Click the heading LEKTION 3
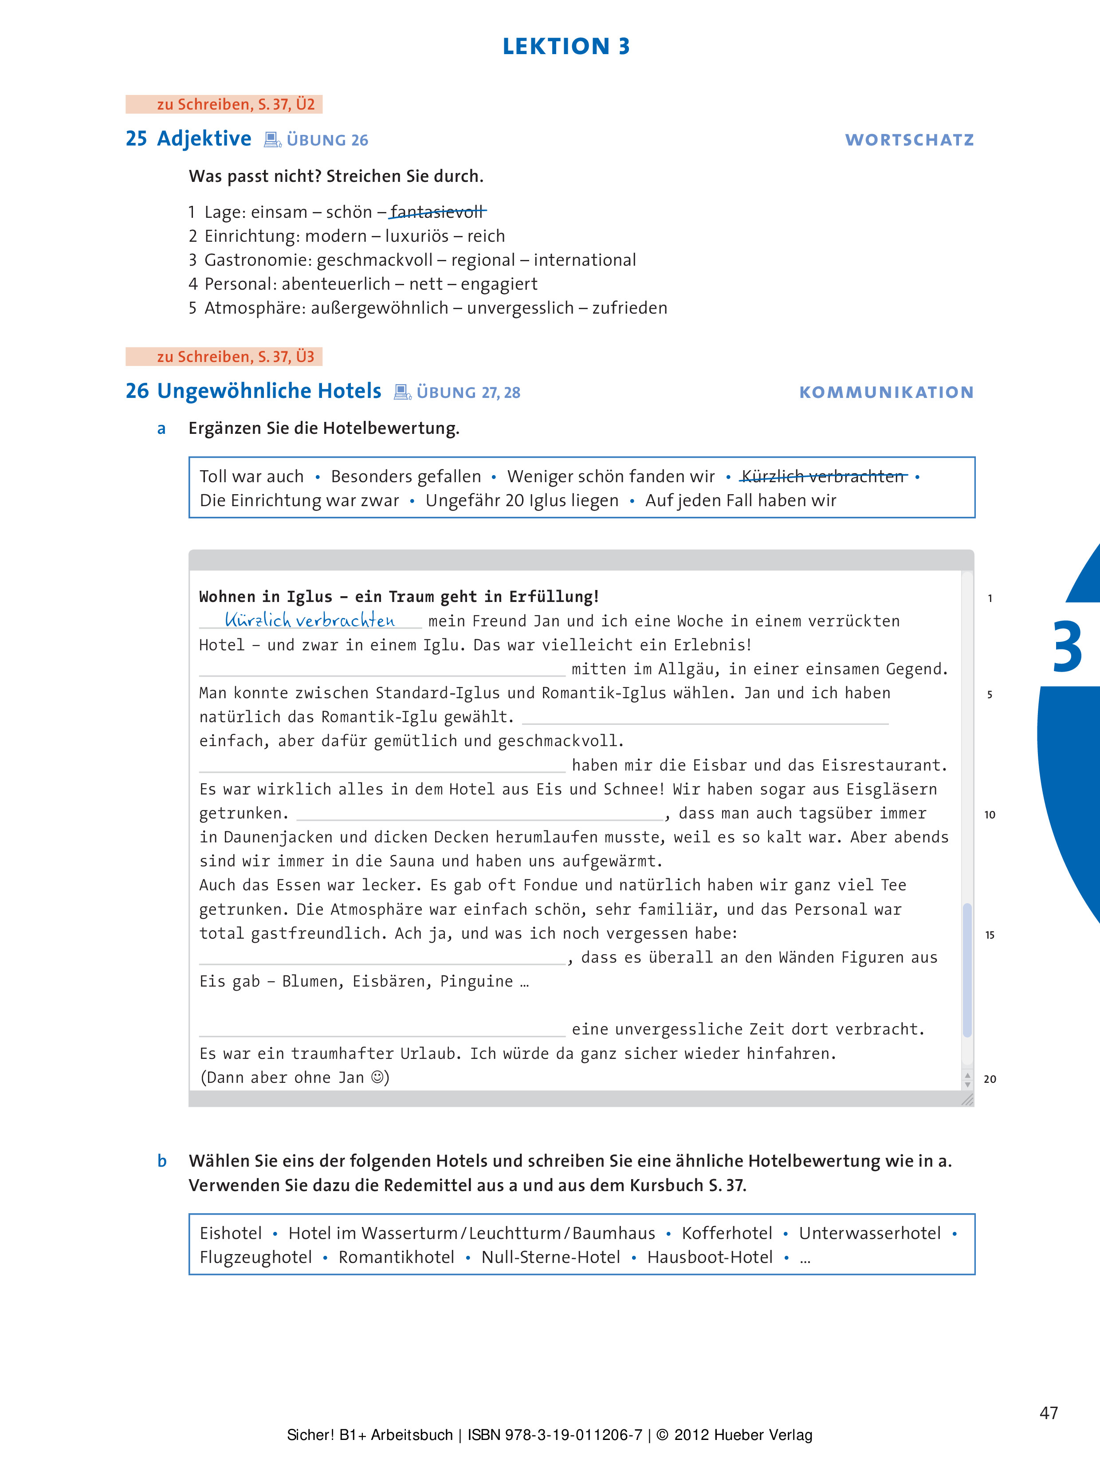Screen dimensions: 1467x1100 point(566,47)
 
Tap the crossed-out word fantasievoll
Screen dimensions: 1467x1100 point(437,212)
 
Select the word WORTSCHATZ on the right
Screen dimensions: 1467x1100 point(909,140)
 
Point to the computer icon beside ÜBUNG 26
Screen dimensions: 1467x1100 point(272,140)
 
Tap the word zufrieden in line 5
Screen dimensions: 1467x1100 point(629,308)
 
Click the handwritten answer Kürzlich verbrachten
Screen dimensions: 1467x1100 point(310,620)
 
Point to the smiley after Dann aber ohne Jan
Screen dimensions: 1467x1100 point(378,1077)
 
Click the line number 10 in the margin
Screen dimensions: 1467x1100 point(989,814)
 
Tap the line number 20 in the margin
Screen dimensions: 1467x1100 point(989,1079)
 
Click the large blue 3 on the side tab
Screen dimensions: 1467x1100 point(1067,647)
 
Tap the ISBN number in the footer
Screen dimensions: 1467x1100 point(554,1435)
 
